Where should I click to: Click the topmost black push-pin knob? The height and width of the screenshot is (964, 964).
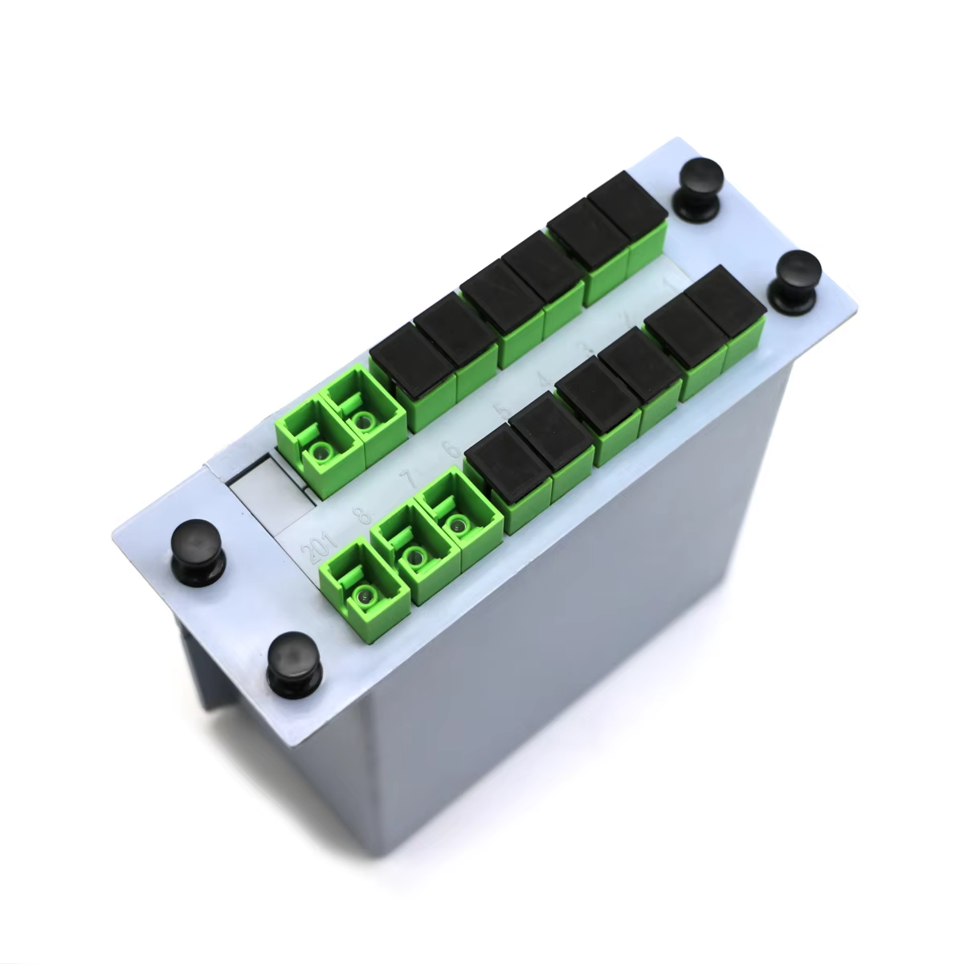tap(699, 184)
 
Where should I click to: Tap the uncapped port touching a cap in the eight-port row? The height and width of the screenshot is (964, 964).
tap(358, 410)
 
